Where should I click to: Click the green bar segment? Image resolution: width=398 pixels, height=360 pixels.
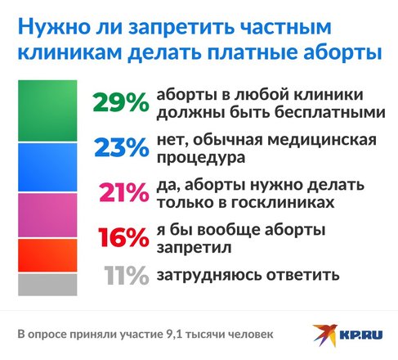pos(47,110)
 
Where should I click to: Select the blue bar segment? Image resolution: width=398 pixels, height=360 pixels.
pos(47,167)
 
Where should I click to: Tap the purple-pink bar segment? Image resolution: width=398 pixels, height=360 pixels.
pos(47,215)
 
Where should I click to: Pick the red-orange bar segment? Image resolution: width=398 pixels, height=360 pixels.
pos(47,255)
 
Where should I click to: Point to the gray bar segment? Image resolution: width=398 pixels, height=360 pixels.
pos(47,285)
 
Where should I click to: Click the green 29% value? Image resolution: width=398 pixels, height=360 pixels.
pos(121,102)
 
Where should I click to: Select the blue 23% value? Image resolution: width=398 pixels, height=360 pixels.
pos(122,147)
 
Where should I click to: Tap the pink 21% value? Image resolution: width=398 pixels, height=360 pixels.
pos(124,192)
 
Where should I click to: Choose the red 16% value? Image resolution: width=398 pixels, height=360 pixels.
pos(123,237)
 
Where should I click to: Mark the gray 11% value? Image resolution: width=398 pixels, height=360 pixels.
pos(127,276)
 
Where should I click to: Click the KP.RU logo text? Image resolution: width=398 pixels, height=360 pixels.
pos(361,335)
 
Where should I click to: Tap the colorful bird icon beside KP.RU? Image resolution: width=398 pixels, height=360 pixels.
pos(325,335)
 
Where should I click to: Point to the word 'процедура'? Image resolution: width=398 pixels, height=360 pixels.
pos(201,158)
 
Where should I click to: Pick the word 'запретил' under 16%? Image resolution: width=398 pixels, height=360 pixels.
pos(194,248)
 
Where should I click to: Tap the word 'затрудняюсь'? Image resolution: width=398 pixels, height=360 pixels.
pos(209,276)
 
